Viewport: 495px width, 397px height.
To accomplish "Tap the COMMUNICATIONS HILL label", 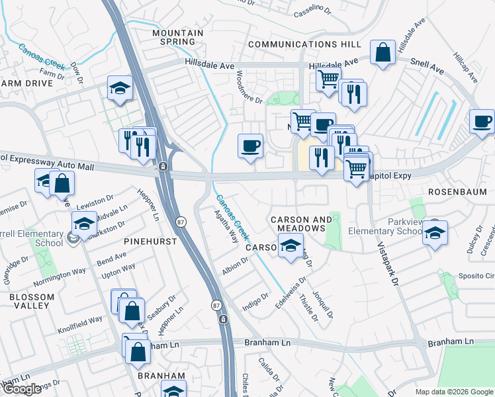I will coord(304,44).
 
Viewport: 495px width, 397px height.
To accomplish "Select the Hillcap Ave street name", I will coord(465,68).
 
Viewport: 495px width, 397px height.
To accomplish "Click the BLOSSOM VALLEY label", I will coord(32,302).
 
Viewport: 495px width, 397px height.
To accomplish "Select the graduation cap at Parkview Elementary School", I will coord(435,233).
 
